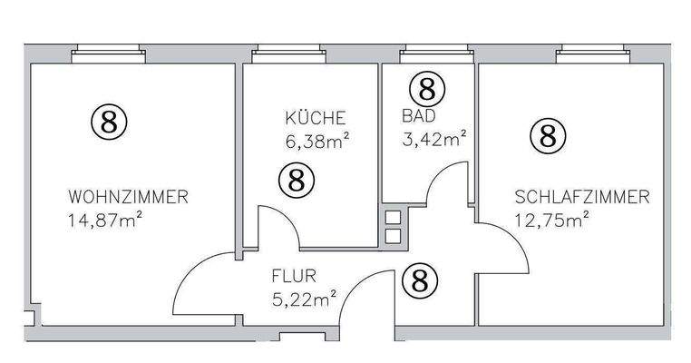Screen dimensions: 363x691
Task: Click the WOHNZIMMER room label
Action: click(128, 196)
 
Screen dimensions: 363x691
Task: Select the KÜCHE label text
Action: click(315, 118)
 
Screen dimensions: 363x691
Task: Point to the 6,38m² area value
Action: click(317, 140)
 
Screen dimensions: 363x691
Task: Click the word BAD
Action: click(418, 116)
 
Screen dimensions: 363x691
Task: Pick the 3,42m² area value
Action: click(433, 139)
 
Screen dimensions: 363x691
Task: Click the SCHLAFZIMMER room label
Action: click(581, 196)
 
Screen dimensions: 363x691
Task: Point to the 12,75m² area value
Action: click(552, 218)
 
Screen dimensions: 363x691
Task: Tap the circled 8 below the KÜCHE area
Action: click(296, 180)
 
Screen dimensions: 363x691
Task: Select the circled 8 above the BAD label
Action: click(428, 88)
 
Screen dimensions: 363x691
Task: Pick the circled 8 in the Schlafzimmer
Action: click(547, 136)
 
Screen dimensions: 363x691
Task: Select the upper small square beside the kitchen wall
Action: click(393, 218)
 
